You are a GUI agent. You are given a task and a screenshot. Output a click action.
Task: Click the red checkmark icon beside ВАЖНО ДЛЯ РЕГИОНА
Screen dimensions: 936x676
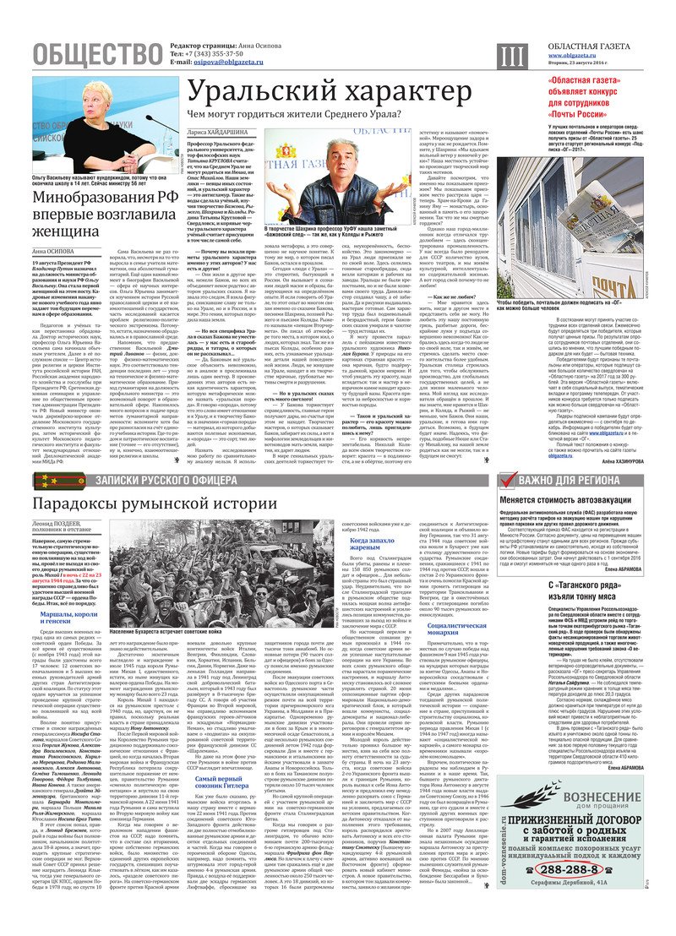coord(506,481)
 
